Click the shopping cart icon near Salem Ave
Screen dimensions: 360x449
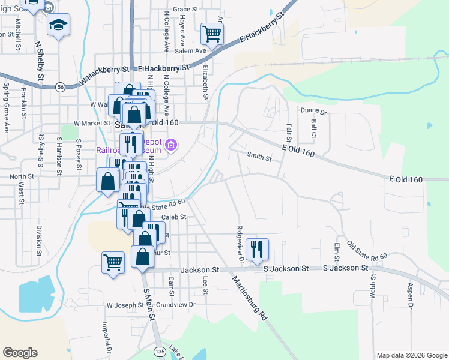pyautogui.click(x=212, y=34)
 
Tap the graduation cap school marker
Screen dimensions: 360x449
pyautogui.click(x=59, y=25)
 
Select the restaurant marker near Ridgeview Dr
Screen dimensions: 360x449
pyautogui.click(x=257, y=249)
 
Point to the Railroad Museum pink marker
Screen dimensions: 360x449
pyautogui.click(x=172, y=145)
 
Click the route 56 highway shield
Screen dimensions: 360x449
pyautogui.click(x=61, y=87)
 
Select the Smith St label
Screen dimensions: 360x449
pyautogui.click(x=260, y=157)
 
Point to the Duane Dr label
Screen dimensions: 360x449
pyautogui.click(x=313, y=112)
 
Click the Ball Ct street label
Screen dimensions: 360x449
pyautogui.click(x=313, y=128)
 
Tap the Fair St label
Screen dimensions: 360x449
pyautogui.click(x=289, y=128)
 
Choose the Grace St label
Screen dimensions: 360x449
pyautogui.click(x=185, y=10)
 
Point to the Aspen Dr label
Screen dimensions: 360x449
pyautogui.click(x=411, y=295)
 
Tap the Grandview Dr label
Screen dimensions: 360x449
pyautogui.click(x=176, y=305)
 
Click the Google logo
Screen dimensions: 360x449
pyautogui.click(x=20, y=353)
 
